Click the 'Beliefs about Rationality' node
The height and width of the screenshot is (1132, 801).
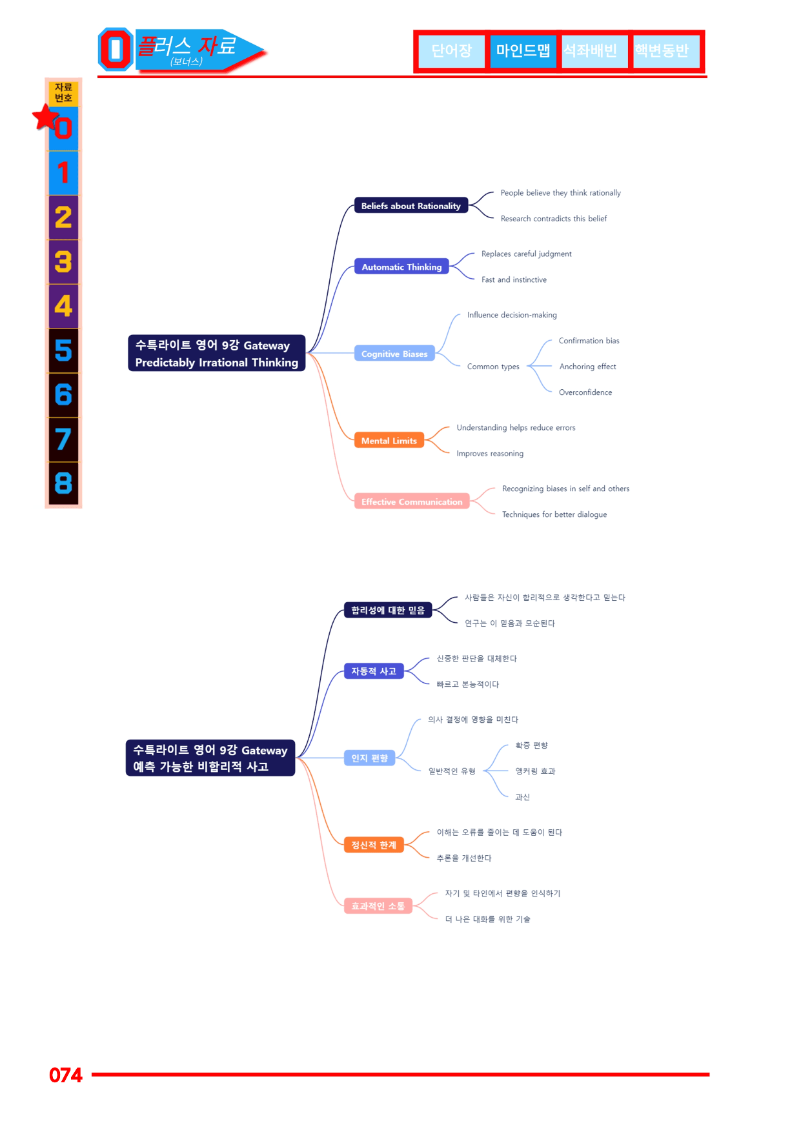[411, 206]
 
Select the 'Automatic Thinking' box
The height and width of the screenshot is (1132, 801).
[401, 267]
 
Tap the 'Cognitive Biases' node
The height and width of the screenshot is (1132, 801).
[394, 354]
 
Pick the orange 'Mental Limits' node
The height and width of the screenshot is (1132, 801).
[389, 440]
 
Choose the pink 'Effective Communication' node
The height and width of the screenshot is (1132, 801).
[412, 501]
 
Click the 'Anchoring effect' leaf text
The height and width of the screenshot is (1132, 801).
[587, 367]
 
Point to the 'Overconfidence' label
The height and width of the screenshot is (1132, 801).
[585, 392]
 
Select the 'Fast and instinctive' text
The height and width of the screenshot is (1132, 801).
[514, 279]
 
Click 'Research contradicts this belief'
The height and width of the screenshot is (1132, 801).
[554, 219]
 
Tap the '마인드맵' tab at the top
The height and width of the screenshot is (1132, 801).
[523, 51]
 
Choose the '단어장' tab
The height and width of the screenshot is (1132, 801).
[451, 51]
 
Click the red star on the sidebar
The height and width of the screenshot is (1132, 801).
[46, 117]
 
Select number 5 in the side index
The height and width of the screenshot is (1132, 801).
[63, 350]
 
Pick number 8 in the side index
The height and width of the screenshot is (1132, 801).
[63, 483]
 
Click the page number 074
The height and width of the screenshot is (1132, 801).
[66, 1075]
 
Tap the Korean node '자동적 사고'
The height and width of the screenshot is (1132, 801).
[374, 671]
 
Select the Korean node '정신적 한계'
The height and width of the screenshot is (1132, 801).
[374, 845]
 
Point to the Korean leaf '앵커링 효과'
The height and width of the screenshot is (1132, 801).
[535, 771]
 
